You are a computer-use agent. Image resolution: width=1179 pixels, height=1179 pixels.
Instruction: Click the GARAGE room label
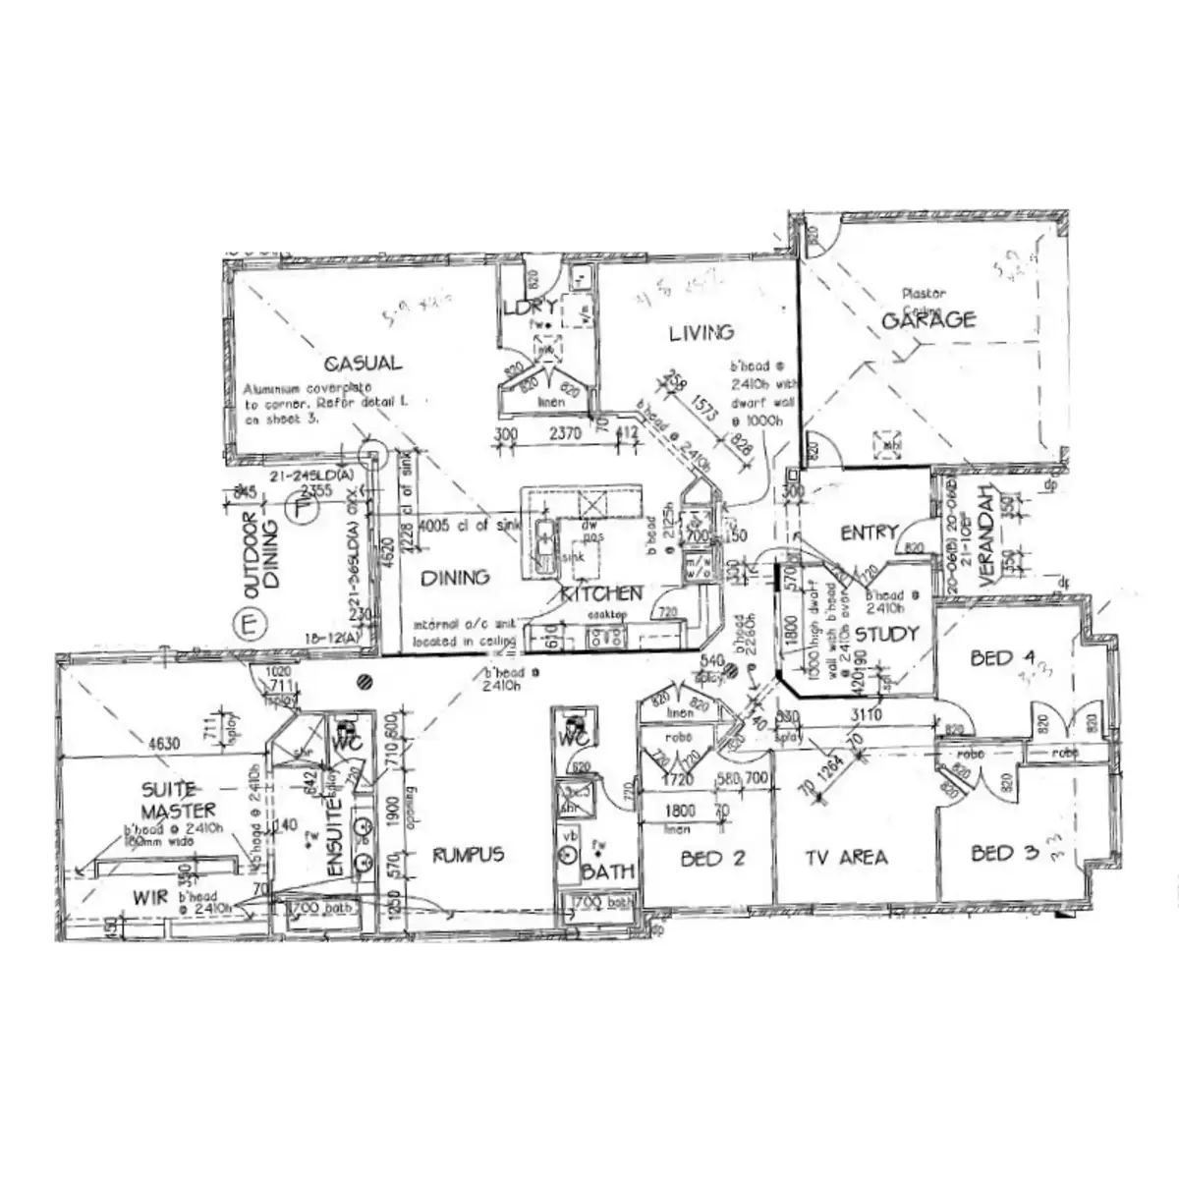point(928,319)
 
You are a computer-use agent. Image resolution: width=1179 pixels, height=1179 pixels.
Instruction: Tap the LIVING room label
point(702,332)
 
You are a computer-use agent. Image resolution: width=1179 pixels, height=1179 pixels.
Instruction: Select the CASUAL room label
point(363,363)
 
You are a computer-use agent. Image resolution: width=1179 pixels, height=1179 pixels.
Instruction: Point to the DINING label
point(455,578)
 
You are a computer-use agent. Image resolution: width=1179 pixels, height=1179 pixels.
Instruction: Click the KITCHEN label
point(601,593)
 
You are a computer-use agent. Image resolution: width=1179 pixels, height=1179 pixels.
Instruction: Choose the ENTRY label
point(869,533)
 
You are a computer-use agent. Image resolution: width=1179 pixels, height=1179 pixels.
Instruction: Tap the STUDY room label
point(885,634)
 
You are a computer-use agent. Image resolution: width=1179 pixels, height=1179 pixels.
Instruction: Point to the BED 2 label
point(713,858)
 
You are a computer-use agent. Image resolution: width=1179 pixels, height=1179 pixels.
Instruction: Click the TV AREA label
point(846,858)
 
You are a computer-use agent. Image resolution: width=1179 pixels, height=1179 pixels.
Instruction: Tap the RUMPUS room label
point(469,854)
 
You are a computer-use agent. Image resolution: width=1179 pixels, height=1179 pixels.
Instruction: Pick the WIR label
point(149,896)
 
